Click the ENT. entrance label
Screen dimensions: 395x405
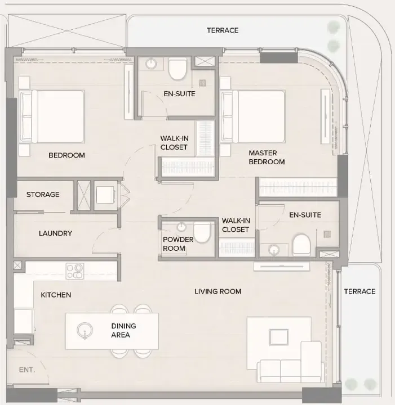pos(27,370)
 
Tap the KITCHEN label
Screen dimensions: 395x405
pos(56,295)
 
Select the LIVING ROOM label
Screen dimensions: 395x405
pos(218,291)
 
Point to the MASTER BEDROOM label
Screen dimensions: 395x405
pos(267,157)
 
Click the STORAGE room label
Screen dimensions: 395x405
pos(43,194)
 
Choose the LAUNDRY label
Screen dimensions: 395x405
pos(55,233)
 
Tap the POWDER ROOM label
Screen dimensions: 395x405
pos(178,244)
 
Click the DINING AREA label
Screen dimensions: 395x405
pos(123,330)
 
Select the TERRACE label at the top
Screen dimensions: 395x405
pos(223,30)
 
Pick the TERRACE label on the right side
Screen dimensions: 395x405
pos(360,291)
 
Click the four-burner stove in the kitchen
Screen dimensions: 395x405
pos(75,271)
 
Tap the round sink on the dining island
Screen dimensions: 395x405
pos(85,331)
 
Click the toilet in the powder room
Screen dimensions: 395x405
pos(202,232)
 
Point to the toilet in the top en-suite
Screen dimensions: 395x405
pos(177,69)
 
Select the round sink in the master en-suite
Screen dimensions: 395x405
pos(274,250)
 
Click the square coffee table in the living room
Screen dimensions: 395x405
pos(279,337)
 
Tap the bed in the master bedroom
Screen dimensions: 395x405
pos(253,116)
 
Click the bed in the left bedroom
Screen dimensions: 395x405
pos(52,116)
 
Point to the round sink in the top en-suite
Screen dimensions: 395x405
pos(151,64)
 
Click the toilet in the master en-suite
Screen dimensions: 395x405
pos(301,245)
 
